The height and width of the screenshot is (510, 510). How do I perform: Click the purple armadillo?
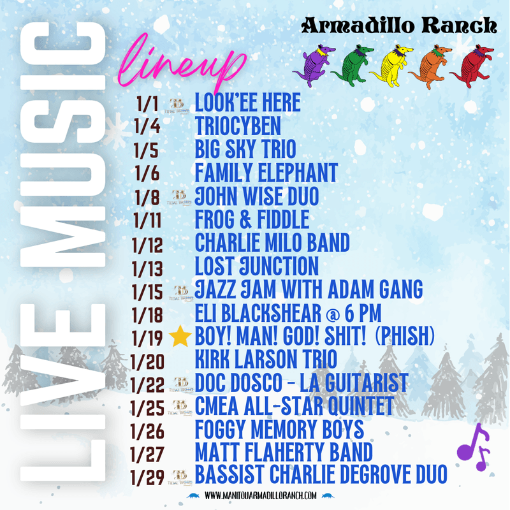click(x=312, y=64)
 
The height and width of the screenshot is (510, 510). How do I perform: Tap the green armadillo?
click(x=351, y=64)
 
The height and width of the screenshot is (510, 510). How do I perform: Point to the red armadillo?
click(x=471, y=64)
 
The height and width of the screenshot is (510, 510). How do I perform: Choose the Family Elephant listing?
click(x=266, y=173)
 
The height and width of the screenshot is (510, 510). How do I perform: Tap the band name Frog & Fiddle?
click(x=252, y=220)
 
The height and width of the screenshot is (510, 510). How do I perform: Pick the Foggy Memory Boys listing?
click(x=279, y=430)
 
